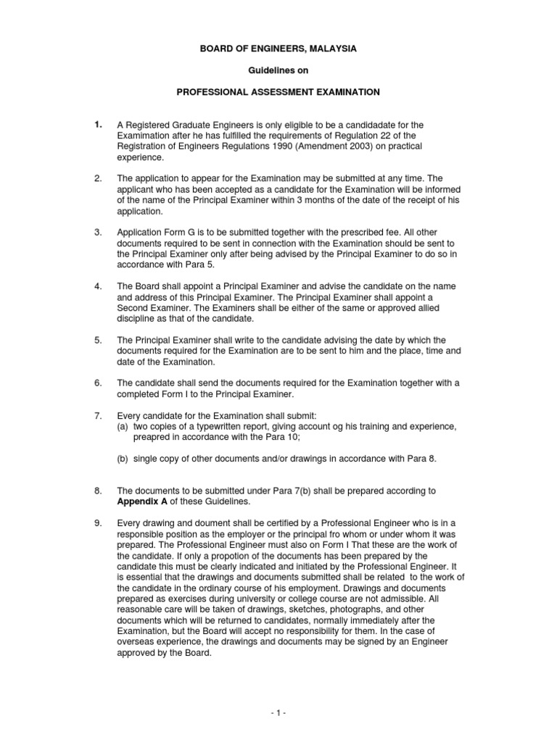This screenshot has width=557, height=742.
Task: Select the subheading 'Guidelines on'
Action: click(x=278, y=71)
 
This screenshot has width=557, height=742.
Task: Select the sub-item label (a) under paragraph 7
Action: click(x=123, y=427)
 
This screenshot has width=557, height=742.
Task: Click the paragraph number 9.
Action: click(x=97, y=522)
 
